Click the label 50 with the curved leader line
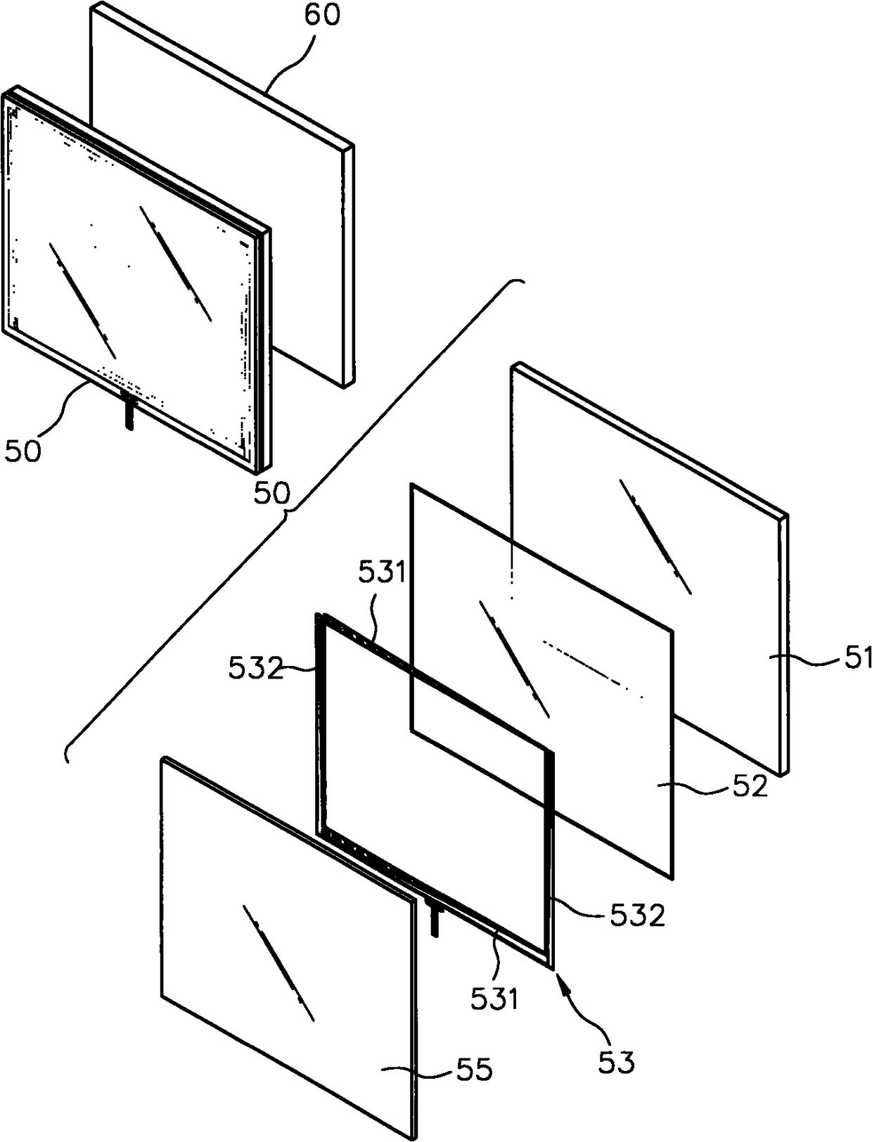point(23,450)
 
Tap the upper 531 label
point(382,573)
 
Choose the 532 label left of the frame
point(255,669)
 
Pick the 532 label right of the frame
point(636,916)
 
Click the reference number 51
point(857,658)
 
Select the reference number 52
point(750,787)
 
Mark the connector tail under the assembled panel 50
point(129,411)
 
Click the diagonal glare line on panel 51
point(655,535)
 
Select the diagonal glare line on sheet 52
point(514,659)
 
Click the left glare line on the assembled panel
point(82,300)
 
